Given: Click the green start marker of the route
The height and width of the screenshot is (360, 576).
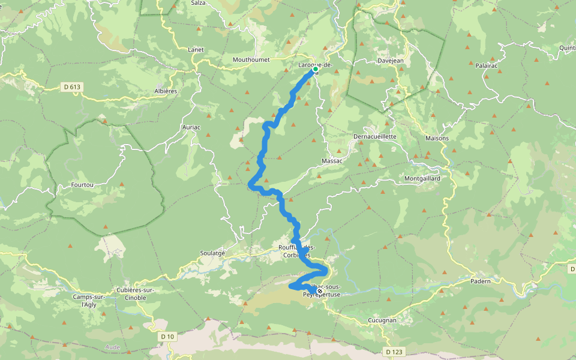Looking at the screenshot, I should pyautogui.click(x=315, y=69).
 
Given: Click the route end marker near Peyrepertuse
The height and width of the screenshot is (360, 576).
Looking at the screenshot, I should pyautogui.click(x=311, y=291).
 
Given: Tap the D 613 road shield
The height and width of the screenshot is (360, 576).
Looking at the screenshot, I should pyautogui.click(x=71, y=87).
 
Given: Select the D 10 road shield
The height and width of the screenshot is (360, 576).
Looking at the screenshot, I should pyautogui.click(x=167, y=337).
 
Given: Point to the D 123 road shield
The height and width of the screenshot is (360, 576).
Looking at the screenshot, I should pyautogui.click(x=394, y=351).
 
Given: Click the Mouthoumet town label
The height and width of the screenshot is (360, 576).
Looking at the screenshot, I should pyautogui.click(x=253, y=60).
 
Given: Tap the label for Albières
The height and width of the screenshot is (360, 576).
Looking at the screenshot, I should pyautogui.click(x=166, y=91).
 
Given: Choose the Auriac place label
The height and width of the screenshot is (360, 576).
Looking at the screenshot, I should pyautogui.click(x=191, y=127).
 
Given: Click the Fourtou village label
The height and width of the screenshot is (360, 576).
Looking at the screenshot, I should pyautogui.click(x=82, y=185).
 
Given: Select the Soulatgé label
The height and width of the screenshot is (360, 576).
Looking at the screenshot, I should pyautogui.click(x=212, y=253).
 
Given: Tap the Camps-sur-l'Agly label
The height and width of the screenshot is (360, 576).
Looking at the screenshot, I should pyautogui.click(x=89, y=301).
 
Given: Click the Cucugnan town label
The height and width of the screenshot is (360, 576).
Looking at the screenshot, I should pyautogui.click(x=382, y=320).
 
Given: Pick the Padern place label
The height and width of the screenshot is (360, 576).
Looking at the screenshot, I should pyautogui.click(x=481, y=281).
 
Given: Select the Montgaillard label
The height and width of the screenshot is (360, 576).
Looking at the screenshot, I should pyautogui.click(x=422, y=179).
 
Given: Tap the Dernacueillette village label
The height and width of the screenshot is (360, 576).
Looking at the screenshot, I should pyautogui.click(x=374, y=136).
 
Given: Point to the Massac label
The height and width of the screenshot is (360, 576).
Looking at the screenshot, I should pyautogui.click(x=332, y=161).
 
